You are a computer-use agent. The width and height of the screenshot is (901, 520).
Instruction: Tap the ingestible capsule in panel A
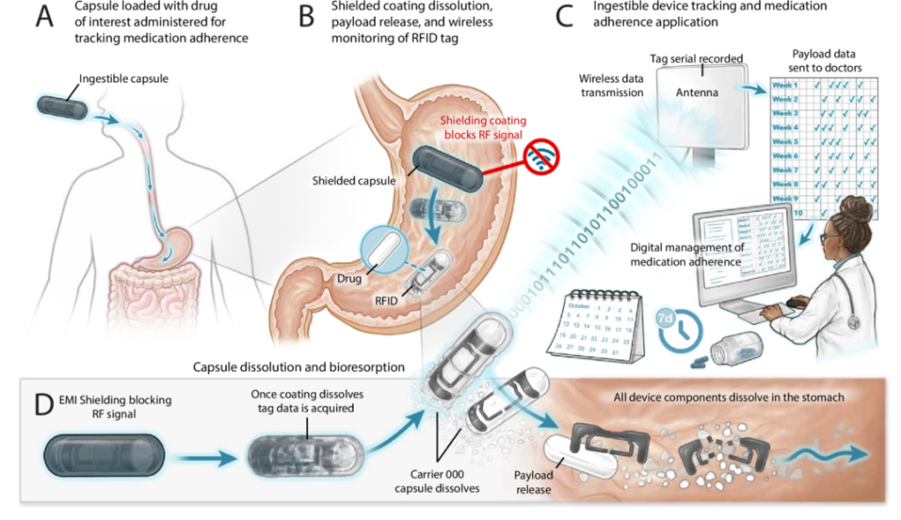coord(62,109)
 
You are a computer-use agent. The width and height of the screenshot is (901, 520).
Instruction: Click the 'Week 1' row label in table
coord(784,84)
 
